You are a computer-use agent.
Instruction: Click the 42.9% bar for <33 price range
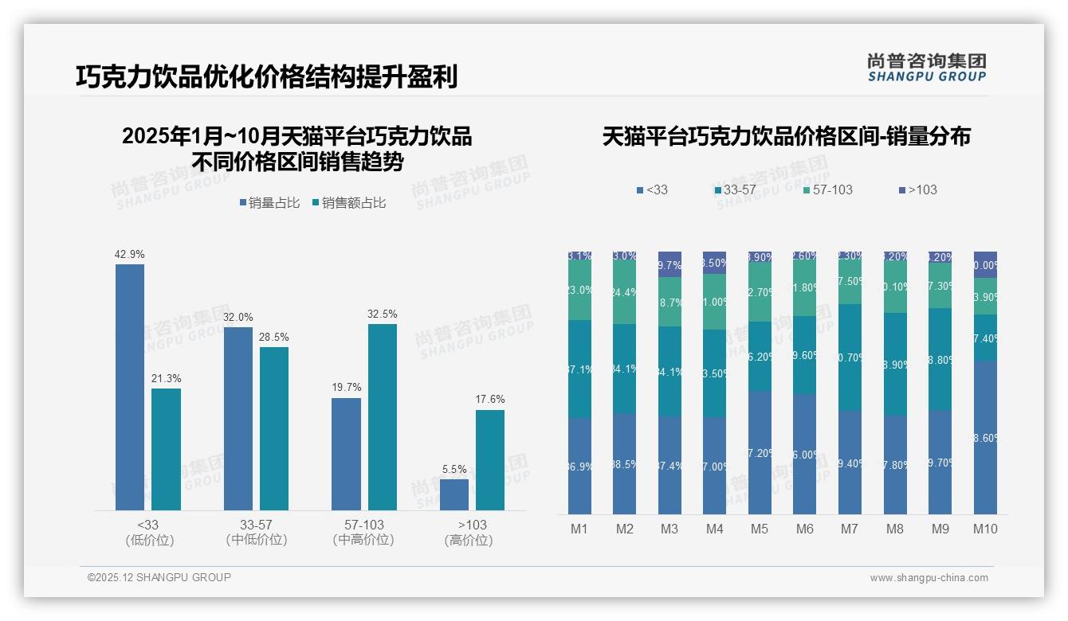tap(130, 387)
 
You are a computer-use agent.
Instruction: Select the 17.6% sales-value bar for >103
tap(490, 460)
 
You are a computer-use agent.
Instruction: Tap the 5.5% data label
tap(454, 470)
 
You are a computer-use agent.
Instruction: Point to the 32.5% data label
tap(382, 314)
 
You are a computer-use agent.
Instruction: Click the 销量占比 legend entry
tap(269, 203)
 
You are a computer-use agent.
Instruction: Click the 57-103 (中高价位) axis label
tap(363, 533)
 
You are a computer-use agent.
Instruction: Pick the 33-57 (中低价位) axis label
tap(256, 533)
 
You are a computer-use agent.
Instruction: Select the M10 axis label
tap(985, 529)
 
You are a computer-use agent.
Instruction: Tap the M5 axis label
tap(760, 529)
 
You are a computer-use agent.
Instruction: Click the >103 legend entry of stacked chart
tap(918, 190)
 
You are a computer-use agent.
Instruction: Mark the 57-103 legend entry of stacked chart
tap(828, 190)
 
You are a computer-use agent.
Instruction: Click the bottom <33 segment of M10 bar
tap(985, 437)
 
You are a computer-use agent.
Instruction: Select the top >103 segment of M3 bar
tap(669, 264)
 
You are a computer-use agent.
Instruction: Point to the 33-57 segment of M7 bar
tap(850, 357)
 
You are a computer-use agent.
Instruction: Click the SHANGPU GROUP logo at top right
tap(926, 68)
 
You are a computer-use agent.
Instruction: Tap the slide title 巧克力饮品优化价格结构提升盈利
tap(266, 77)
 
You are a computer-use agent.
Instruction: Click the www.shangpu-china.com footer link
tap(929, 578)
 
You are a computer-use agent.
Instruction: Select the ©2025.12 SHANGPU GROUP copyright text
tap(159, 577)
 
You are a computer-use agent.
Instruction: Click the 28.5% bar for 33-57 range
tap(274, 428)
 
